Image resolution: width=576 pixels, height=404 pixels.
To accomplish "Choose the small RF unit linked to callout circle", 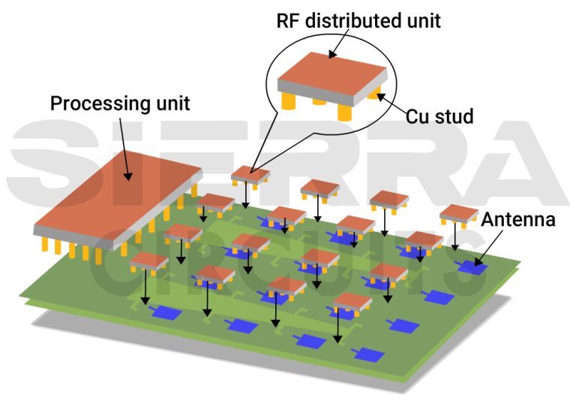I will (250, 176).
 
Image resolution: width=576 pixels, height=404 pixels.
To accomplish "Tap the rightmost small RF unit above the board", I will (459, 213).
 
